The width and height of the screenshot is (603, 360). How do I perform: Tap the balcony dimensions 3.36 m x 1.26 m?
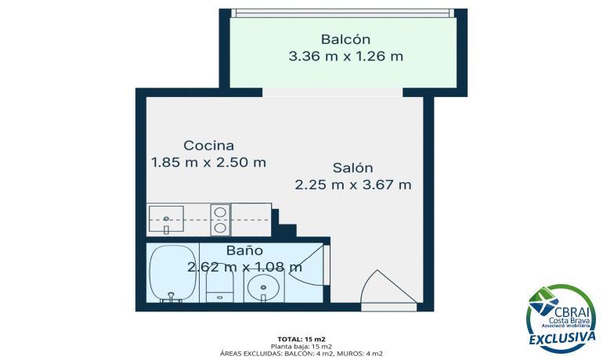345,56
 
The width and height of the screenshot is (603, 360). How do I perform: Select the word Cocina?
208,146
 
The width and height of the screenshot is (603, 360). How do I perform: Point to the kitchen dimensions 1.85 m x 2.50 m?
208,162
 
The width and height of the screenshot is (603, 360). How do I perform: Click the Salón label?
352,168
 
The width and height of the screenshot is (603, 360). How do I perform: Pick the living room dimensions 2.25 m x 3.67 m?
353,185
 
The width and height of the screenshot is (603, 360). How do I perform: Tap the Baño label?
244,250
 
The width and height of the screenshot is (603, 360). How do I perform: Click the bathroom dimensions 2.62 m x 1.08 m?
244,267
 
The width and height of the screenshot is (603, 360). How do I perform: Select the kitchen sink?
166,220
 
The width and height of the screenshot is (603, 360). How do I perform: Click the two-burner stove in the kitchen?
220,220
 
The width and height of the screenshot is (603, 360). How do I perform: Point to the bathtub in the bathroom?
172,274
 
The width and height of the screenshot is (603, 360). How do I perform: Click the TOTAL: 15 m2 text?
301,339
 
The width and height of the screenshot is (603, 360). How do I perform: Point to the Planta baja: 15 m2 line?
301,346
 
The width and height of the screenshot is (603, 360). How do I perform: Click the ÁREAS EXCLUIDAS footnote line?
301,354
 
